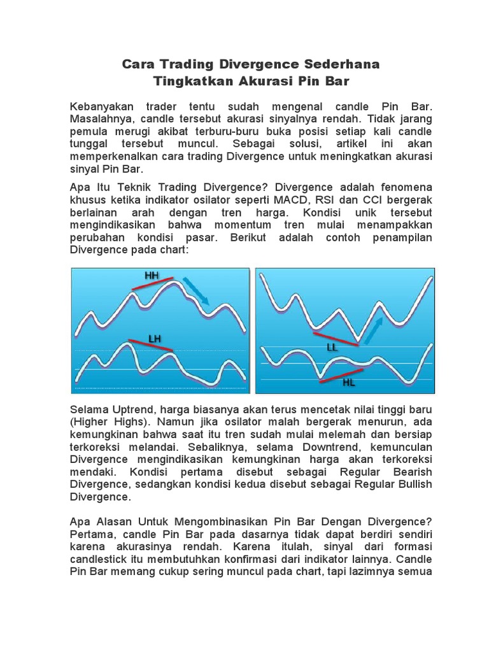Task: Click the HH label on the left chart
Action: pos(152,276)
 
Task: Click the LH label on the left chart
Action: pos(155,339)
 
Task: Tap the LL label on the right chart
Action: pos(332,348)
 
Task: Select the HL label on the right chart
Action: pos(349,383)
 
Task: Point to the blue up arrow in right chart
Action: pos(375,329)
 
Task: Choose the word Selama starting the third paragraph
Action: pos(89,409)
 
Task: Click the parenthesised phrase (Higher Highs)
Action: pos(108,422)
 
